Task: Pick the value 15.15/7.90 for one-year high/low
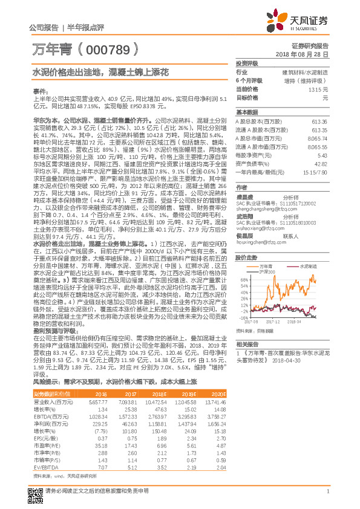tap(320, 172)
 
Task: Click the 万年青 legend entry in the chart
tap(266, 249)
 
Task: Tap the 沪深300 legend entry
tap(267, 255)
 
